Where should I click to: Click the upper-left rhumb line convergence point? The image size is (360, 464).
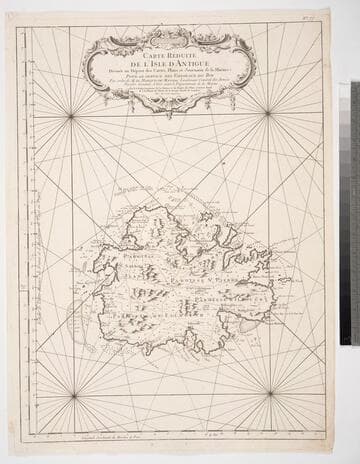click(x=71, y=117)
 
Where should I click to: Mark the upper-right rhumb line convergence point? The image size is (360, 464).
click(x=268, y=112)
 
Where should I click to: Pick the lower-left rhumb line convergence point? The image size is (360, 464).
click(x=73, y=395)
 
